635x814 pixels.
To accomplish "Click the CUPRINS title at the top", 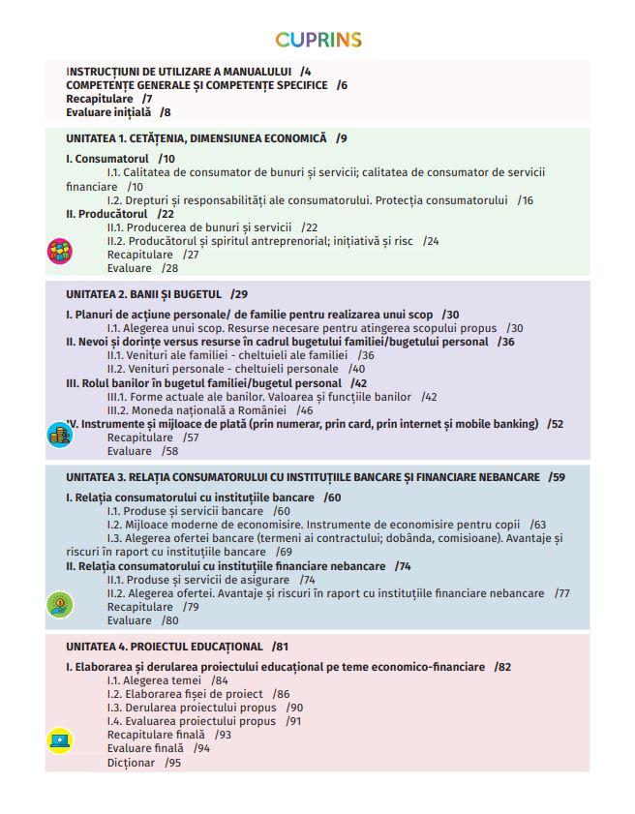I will [317, 40].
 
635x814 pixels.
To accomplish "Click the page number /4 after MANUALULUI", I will [306, 73].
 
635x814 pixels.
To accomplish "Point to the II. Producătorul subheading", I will [106, 214].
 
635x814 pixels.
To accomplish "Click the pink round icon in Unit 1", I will [60, 252].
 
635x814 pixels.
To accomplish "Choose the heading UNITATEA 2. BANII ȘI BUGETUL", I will [144, 293].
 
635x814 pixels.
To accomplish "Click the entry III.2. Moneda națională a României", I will [196, 410].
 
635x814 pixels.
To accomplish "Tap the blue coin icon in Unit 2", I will [60, 435].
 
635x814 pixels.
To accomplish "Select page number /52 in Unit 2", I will [555, 424].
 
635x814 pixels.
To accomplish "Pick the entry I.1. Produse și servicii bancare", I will [186, 511].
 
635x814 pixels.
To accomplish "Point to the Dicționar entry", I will [131, 763].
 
